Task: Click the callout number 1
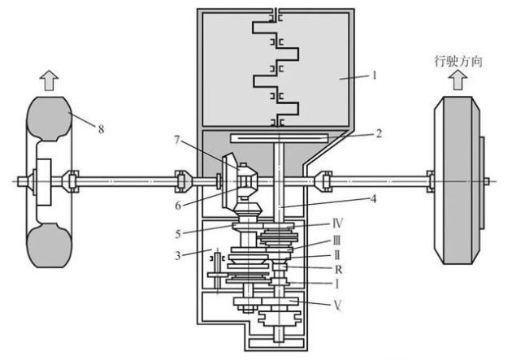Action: click(375, 76)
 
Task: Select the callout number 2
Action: click(379, 133)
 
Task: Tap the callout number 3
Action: click(178, 255)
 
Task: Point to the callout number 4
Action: click(373, 198)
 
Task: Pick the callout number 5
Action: click(178, 234)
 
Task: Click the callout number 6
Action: click(178, 206)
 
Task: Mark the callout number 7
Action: click(177, 140)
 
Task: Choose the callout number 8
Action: click(101, 129)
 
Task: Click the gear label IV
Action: click(337, 223)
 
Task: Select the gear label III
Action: click(337, 241)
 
